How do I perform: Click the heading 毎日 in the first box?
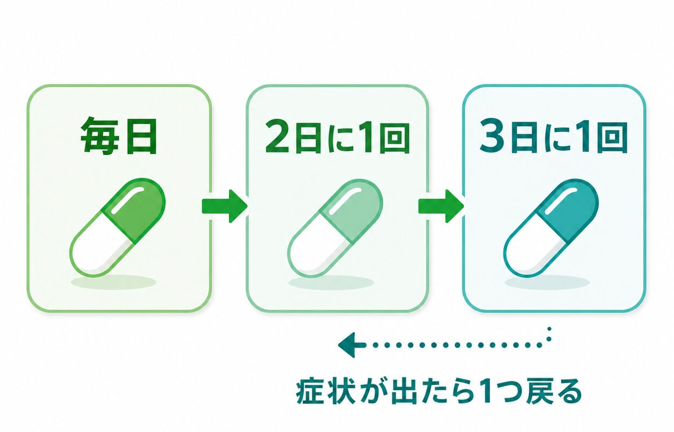pos(119,136)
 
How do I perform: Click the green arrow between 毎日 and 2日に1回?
pos(225,206)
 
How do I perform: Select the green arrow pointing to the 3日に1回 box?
pos(441,206)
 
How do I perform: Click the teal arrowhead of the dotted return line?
pos(349,345)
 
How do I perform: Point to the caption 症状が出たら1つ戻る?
pos(439,393)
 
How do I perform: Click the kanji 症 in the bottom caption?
pos(310,393)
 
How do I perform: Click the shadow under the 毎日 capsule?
pos(113,282)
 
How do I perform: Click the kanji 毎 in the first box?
pos(99,136)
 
